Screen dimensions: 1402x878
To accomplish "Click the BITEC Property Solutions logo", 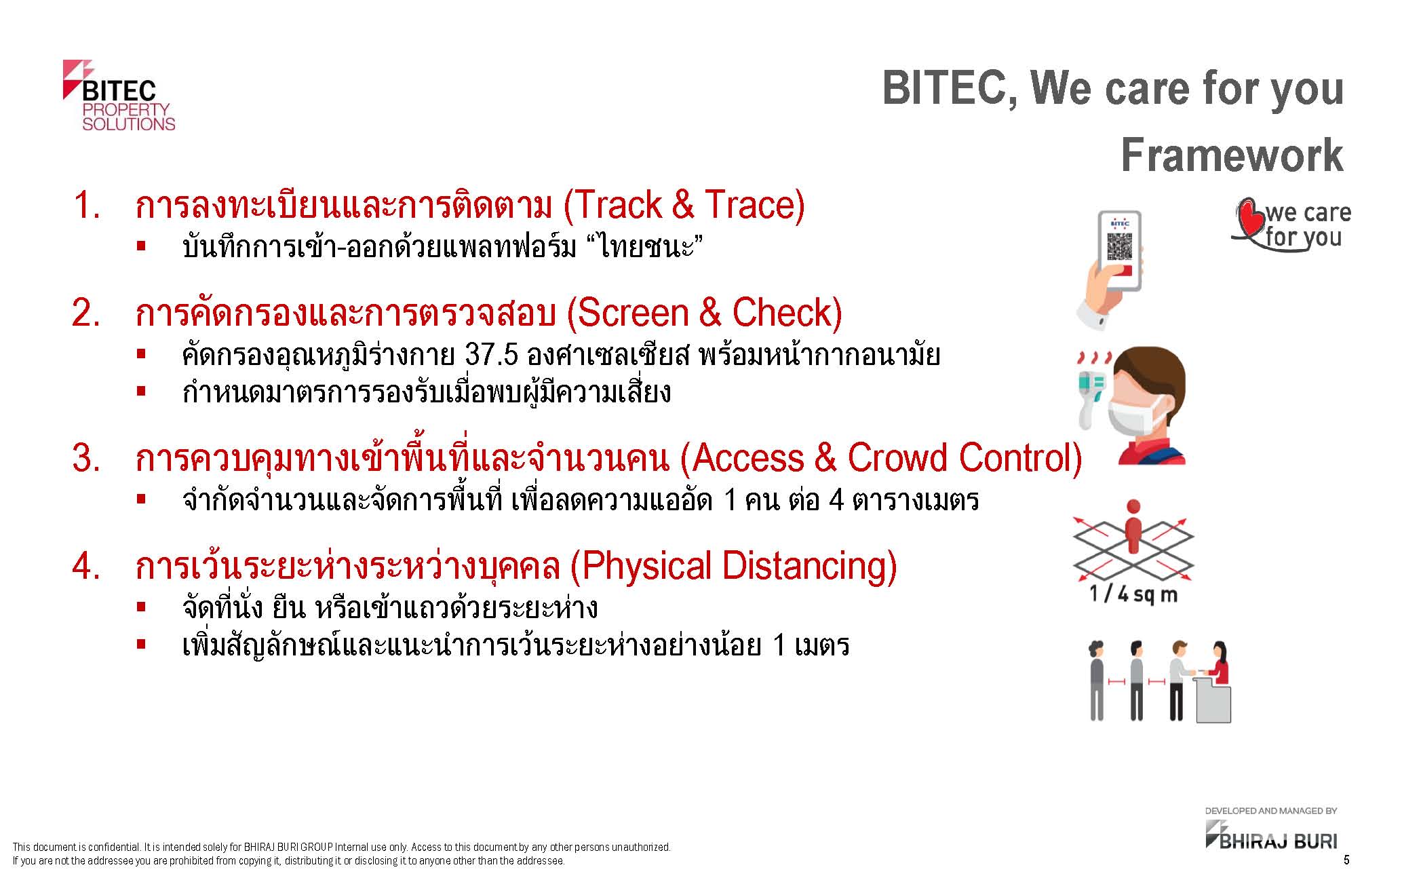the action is [x=119, y=95].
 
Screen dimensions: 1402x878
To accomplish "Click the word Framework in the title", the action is [x=1232, y=155].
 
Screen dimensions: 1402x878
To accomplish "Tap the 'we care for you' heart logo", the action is [x=1290, y=225].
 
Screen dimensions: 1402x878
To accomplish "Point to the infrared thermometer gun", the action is [x=1092, y=391].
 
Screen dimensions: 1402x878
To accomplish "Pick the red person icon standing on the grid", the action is [x=1133, y=527].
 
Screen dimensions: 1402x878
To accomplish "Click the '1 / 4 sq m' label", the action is [x=1133, y=595].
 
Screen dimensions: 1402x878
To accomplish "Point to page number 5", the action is [x=1346, y=860].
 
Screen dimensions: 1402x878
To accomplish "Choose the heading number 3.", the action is [x=86, y=459].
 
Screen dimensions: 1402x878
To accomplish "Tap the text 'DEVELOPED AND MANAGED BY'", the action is [x=1271, y=811].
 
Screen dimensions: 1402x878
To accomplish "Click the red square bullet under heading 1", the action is [x=141, y=246].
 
